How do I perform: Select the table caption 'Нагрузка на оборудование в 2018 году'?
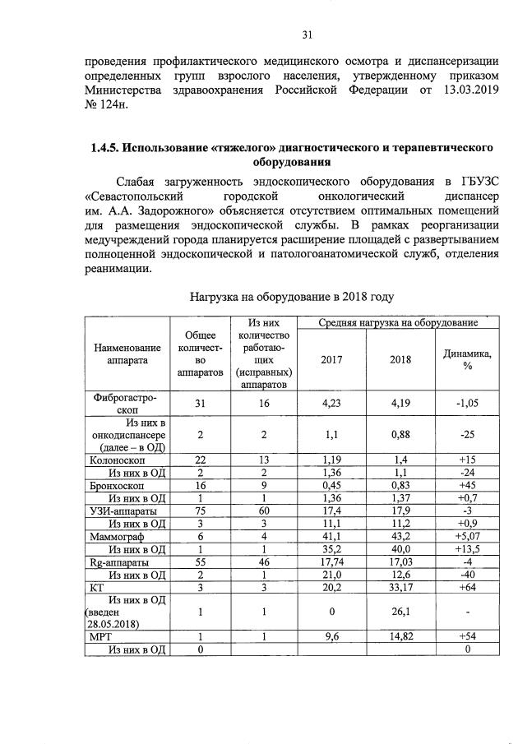coord(292,296)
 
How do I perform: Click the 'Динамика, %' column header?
coord(467,359)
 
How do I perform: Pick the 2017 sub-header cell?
coord(331,359)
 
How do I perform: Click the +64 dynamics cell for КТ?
coord(467,588)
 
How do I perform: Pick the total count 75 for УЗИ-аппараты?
coord(199,511)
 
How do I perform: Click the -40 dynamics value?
coord(467,574)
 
